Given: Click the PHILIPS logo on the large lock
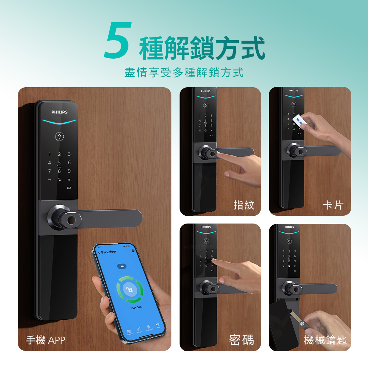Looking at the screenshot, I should click(59, 112).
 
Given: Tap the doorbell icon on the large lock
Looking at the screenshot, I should click(60, 137).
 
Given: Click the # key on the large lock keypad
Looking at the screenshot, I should click(69, 179).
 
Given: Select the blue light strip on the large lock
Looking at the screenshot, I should click(59, 121).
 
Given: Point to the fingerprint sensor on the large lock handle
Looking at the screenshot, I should click(72, 219).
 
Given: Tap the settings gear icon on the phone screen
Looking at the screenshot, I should click(133, 251).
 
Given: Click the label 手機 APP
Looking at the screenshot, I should click(45, 340).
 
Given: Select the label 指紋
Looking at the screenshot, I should click(244, 205).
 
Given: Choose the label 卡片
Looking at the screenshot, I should click(333, 205).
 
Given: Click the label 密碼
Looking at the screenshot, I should click(241, 340).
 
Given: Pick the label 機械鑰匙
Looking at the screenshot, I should click(325, 340).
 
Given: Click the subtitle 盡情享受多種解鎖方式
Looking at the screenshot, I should click(184, 73).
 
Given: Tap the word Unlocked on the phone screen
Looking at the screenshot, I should click(136, 307).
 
